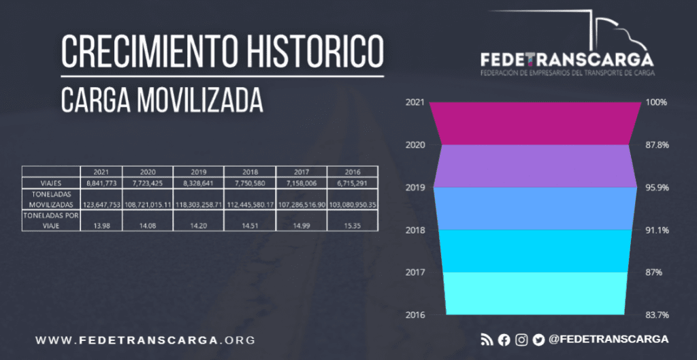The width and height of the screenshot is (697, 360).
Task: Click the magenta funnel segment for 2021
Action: pyautogui.click(x=535, y=123)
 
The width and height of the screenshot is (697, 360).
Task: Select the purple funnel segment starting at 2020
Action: pyautogui.click(x=535, y=165)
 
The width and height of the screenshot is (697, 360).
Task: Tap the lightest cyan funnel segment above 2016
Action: pyautogui.click(x=535, y=293)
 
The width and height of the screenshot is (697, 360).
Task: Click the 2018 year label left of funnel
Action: pyautogui.click(x=415, y=230)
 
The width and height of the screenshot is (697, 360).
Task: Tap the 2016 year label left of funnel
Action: pyautogui.click(x=415, y=315)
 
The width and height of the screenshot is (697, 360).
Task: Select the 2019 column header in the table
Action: pyautogui.click(x=198, y=171)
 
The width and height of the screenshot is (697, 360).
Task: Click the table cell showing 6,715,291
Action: pyautogui.click(x=352, y=183)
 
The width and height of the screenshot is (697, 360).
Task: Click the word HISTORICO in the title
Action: pyautogui.click(x=298, y=52)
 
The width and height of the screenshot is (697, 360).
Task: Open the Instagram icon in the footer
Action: pyautogui.click(x=521, y=340)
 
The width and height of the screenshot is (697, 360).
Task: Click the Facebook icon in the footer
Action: pyautogui.click(x=504, y=340)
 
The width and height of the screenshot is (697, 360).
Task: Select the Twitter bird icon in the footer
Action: pyautogui.click(x=538, y=340)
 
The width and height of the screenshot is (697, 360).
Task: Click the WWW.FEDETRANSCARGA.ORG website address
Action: pyautogui.click(x=145, y=340)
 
